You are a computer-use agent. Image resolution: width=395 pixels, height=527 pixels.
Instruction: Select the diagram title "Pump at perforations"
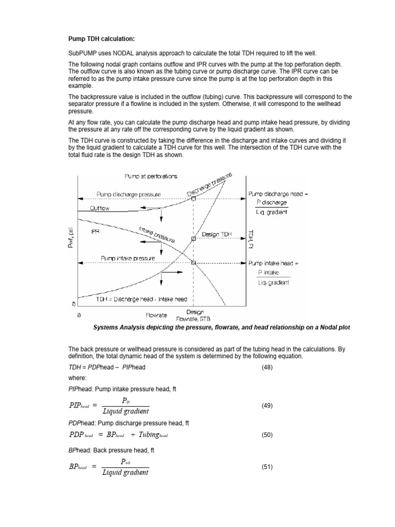point(151,176)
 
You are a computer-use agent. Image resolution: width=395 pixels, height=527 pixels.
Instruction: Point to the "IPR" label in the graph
point(95,232)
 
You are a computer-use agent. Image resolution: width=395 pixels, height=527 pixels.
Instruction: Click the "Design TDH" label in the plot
point(217,234)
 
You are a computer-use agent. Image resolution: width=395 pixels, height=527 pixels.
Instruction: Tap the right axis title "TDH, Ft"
point(251,238)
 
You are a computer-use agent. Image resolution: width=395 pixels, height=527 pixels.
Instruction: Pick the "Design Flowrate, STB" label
point(194,315)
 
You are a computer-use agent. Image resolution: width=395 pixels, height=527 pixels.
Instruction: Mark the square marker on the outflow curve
point(193,198)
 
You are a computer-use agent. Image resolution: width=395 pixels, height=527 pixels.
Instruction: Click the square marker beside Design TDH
point(193,239)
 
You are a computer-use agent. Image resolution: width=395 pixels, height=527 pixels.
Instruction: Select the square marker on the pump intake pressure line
point(193,262)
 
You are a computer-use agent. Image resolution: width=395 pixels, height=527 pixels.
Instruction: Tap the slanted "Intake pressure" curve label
point(157,234)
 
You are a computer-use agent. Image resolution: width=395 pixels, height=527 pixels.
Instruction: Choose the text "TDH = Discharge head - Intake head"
point(134,299)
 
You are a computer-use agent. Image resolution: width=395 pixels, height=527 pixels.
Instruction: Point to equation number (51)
point(268,467)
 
